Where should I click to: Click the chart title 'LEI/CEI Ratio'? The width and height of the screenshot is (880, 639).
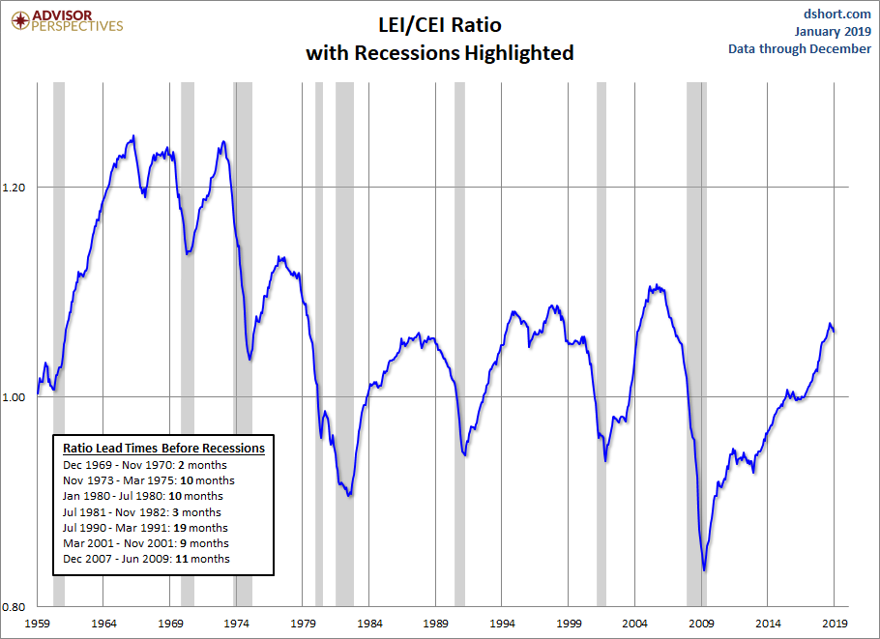coord(439,23)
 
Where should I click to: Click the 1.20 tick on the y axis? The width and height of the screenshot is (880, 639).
coord(17,187)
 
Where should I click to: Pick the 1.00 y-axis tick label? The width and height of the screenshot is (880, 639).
coord(17,396)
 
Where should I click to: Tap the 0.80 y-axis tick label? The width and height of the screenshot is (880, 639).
coord(17,606)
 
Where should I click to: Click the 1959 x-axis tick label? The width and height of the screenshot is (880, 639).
coord(38,624)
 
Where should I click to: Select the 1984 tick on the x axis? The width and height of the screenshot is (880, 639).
coord(369,624)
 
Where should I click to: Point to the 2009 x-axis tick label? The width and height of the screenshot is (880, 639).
coord(701,624)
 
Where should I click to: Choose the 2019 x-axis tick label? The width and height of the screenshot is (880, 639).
coord(834,624)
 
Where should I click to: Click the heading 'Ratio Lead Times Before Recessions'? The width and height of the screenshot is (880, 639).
coord(163,449)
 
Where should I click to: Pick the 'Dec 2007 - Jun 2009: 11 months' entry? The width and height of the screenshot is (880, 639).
coord(146,559)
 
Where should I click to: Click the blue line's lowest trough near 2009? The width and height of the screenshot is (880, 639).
coord(704,570)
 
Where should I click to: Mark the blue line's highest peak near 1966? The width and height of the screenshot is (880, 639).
coord(133,136)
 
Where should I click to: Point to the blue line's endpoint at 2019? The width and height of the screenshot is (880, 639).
coord(835,331)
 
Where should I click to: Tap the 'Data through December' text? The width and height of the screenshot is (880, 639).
coord(800,49)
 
